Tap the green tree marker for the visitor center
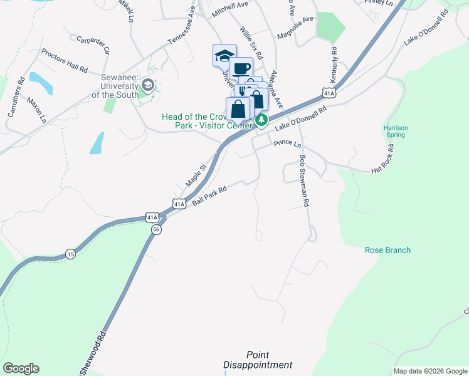click(262, 119)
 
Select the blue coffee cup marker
click(241, 68)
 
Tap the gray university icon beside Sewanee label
click(149, 84)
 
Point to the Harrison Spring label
click(396, 132)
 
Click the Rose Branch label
click(387, 250)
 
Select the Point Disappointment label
click(258, 360)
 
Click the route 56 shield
click(155, 230)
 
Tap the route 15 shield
click(70, 254)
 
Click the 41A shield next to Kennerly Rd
click(329, 93)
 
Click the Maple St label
click(196, 176)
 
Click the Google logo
click(21, 368)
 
